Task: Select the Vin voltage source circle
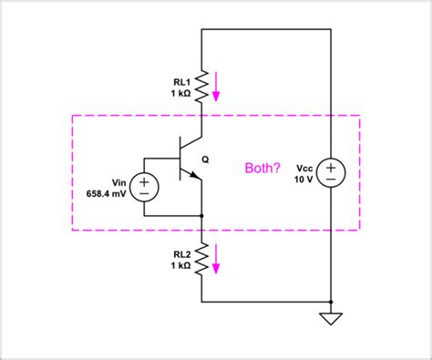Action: point(145,187)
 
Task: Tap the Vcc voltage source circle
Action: point(330,172)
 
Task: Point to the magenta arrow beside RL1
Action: point(218,88)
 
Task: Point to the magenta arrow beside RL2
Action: point(218,262)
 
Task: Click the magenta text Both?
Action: point(263,169)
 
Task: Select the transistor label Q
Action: point(205,159)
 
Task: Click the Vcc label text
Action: point(301,167)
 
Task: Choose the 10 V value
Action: point(302,180)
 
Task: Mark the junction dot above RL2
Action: point(201,216)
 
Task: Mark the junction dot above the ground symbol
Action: point(330,301)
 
